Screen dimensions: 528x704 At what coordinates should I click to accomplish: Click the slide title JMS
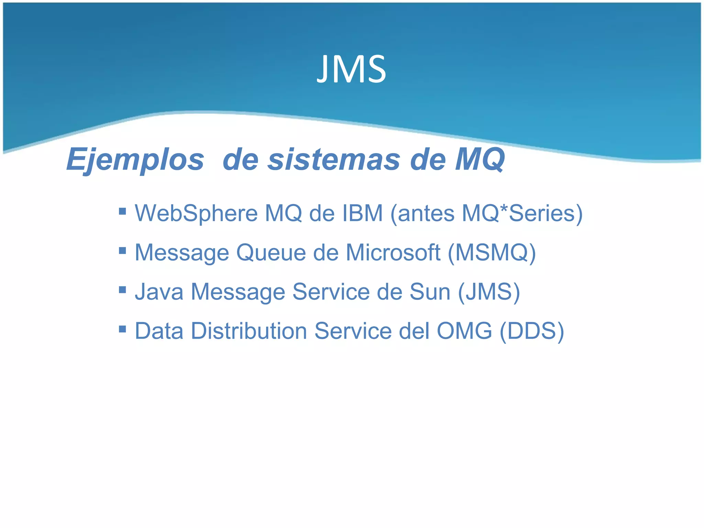(351, 69)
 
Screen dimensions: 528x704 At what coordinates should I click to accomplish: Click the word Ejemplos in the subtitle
(135, 159)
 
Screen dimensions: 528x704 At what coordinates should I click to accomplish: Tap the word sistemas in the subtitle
(334, 159)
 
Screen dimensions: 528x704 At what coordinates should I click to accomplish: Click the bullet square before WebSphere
(122, 211)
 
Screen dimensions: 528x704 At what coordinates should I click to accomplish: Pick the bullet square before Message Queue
(122, 250)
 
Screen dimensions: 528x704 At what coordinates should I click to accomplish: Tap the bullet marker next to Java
(122, 289)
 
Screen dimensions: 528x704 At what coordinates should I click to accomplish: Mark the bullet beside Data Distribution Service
(122, 329)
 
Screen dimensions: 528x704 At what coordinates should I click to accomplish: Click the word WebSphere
(196, 213)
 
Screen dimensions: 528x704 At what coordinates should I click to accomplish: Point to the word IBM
(362, 213)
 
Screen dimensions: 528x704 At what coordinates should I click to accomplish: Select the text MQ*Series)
(522, 213)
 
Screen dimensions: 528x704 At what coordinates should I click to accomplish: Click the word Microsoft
(393, 253)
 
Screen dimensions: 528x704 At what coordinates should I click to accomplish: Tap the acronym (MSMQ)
(492, 253)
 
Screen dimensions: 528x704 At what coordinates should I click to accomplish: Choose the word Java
(159, 292)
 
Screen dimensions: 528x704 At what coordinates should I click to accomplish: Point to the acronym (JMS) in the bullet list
(489, 292)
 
